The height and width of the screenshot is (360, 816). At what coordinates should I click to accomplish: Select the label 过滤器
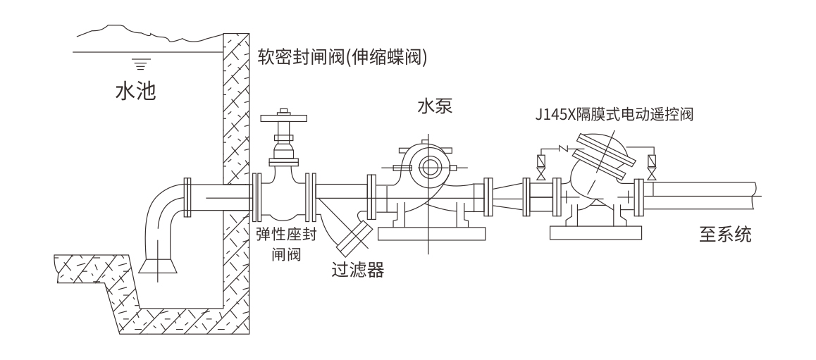357,269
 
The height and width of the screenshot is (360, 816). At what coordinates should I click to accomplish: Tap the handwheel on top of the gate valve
284,118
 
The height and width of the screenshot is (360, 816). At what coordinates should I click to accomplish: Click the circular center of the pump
428,167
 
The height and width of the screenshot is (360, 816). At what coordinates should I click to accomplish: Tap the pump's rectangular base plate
429,233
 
